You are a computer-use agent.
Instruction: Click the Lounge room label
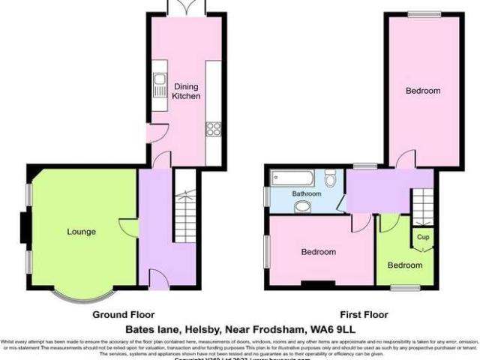80,232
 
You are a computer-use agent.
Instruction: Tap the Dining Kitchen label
186,91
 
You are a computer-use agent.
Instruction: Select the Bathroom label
307,193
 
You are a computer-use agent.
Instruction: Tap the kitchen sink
159,85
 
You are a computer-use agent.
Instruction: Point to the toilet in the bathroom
331,178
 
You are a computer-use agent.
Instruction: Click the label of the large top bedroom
423,91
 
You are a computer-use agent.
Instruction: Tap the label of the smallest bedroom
405,265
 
